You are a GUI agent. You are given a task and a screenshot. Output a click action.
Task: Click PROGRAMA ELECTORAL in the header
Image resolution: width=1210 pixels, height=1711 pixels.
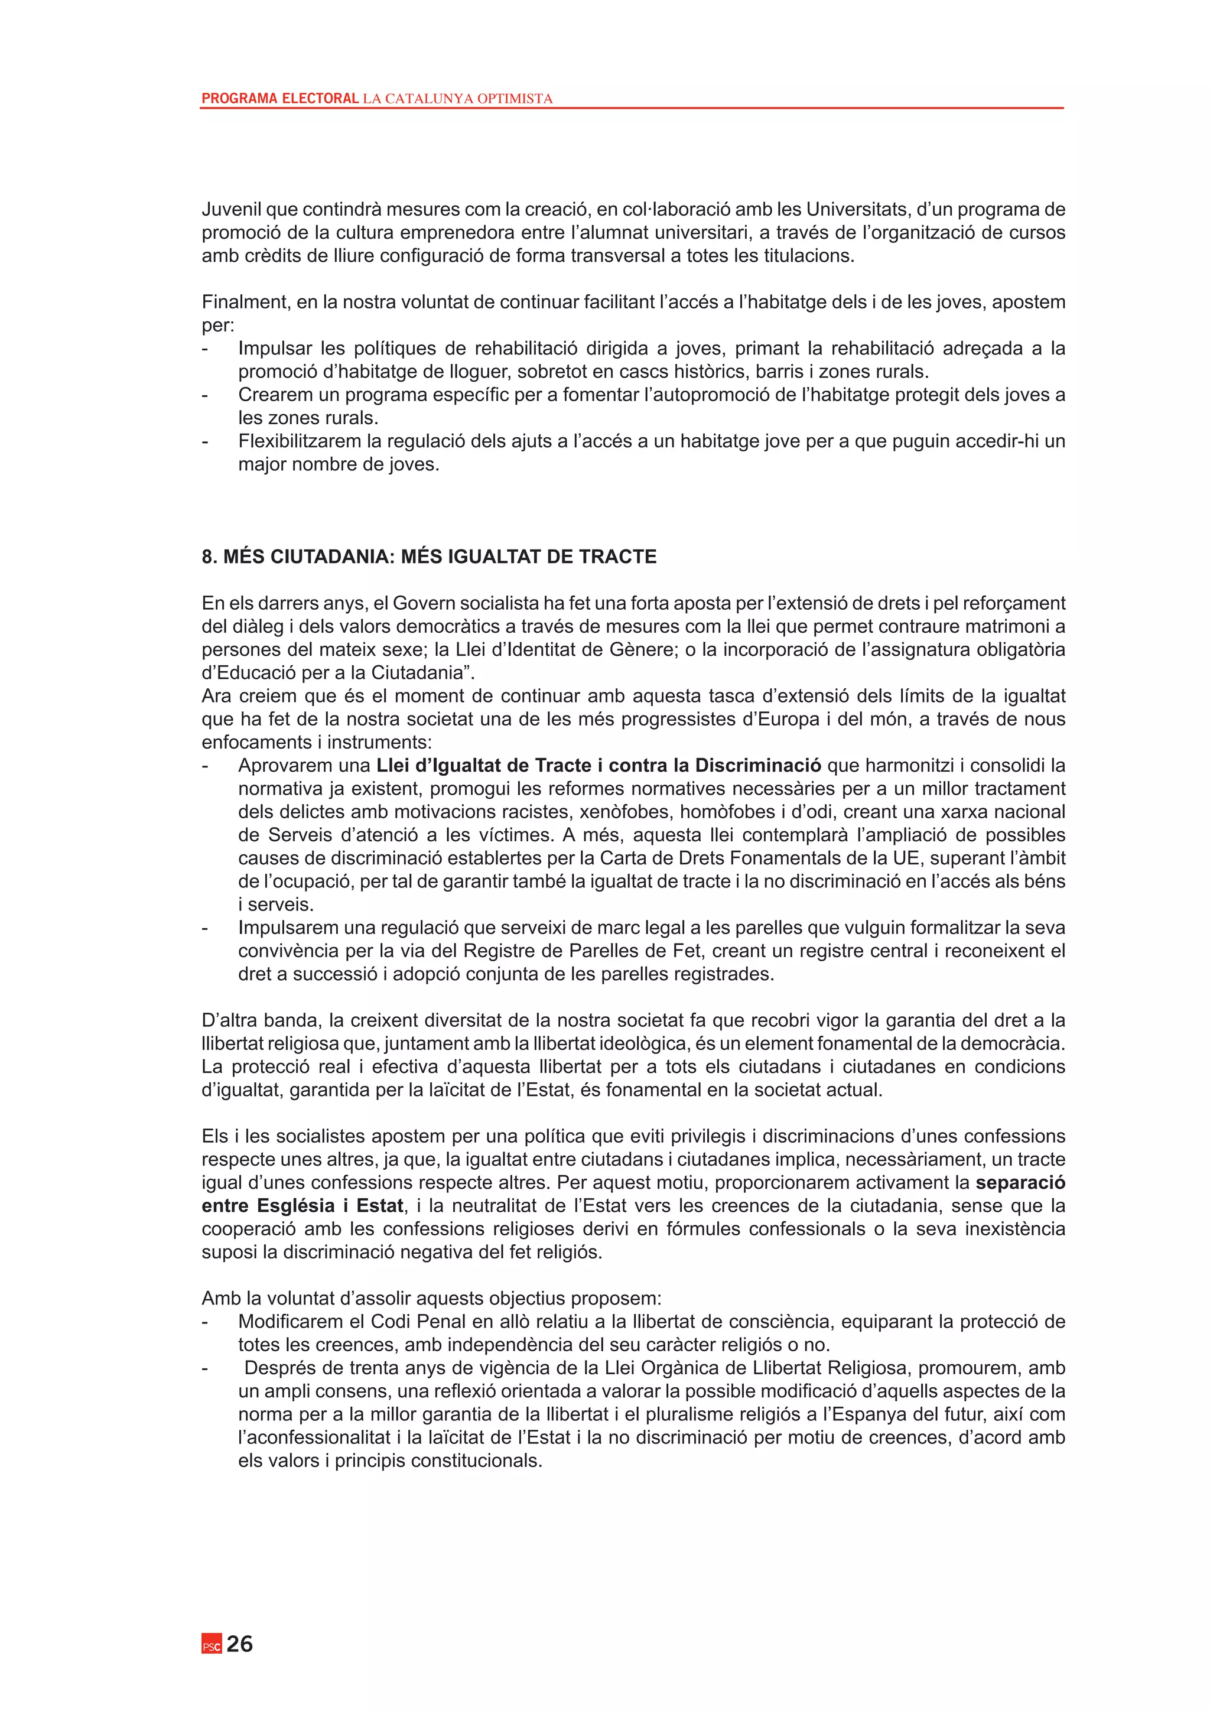point(280,98)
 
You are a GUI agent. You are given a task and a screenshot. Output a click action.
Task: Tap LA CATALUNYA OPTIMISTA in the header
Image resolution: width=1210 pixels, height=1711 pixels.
point(457,98)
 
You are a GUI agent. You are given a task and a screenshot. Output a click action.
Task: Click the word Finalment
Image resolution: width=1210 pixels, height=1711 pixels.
point(245,302)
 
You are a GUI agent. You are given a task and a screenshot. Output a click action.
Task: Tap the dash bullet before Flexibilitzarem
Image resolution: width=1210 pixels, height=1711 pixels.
point(205,441)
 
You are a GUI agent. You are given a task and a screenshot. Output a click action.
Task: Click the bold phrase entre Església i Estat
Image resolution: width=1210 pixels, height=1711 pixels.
point(302,1206)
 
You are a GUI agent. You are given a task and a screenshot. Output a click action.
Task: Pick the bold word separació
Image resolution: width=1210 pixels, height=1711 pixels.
point(1020,1183)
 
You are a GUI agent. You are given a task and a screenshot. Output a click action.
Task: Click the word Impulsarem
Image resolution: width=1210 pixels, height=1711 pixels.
point(287,928)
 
